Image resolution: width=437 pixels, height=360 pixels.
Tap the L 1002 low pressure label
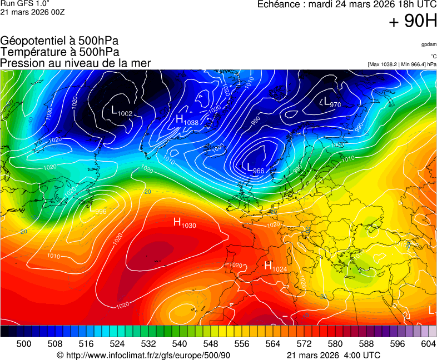tap(122, 111)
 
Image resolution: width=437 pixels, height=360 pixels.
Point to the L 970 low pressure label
tap(331, 102)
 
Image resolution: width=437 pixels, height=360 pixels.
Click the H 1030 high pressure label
tap(185, 223)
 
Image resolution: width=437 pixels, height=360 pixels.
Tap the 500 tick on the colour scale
tap(24, 344)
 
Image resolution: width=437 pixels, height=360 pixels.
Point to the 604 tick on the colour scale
tap(428, 344)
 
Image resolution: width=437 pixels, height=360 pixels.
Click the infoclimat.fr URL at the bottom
tap(143, 355)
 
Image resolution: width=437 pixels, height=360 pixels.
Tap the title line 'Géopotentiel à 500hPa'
tap(59, 41)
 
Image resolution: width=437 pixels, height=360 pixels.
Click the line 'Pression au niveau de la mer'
tap(76, 63)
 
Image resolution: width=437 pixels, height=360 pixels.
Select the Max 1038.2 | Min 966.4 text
tap(401, 64)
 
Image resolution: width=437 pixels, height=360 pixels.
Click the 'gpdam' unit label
tap(428, 44)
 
